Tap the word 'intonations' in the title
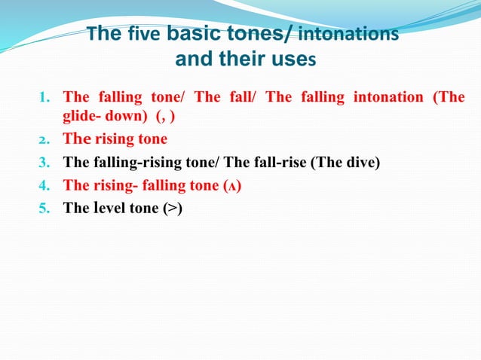pos(348,35)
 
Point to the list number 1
pos(44,97)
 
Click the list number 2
pos(44,139)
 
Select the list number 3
pos(44,162)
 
